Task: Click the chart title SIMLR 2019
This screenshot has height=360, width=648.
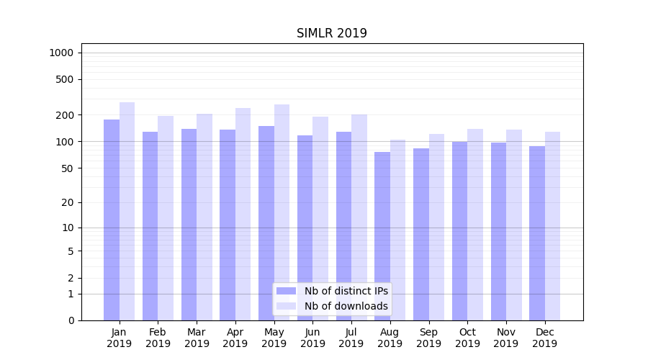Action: [x=332, y=33]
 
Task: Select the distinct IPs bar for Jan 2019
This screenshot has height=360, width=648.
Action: [x=112, y=220]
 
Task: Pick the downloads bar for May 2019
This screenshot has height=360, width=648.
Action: [x=282, y=212]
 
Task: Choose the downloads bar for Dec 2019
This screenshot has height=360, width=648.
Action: [x=552, y=226]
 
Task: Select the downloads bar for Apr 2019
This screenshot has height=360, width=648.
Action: [x=243, y=214]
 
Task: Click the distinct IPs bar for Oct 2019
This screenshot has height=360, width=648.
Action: [x=459, y=230]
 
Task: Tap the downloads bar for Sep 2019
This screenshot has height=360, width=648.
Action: [x=436, y=227]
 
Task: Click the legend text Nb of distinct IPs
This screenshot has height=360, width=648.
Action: [x=346, y=291]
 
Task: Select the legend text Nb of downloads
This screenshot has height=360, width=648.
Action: [x=346, y=306]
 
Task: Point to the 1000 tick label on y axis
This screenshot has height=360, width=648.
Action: [x=61, y=53]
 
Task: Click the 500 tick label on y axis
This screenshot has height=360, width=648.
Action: [x=66, y=79]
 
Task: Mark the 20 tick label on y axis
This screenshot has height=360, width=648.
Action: [x=68, y=202]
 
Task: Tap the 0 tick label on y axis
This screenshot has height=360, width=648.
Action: [x=71, y=320]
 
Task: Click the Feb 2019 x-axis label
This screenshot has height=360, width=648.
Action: [x=158, y=338]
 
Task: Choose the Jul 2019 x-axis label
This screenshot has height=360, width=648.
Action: [x=351, y=338]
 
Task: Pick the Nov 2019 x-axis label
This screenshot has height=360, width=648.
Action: [x=506, y=338]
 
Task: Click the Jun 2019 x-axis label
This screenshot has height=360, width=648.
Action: [x=312, y=338]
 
